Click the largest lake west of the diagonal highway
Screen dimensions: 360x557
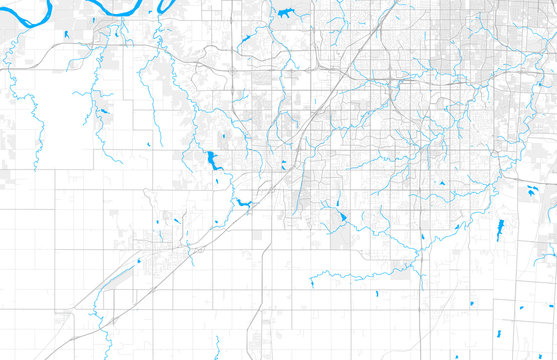[212, 161]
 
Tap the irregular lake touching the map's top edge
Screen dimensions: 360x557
[288, 13]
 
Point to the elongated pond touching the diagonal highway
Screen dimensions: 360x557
[243, 204]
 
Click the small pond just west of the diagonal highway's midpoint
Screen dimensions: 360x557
[283, 164]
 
